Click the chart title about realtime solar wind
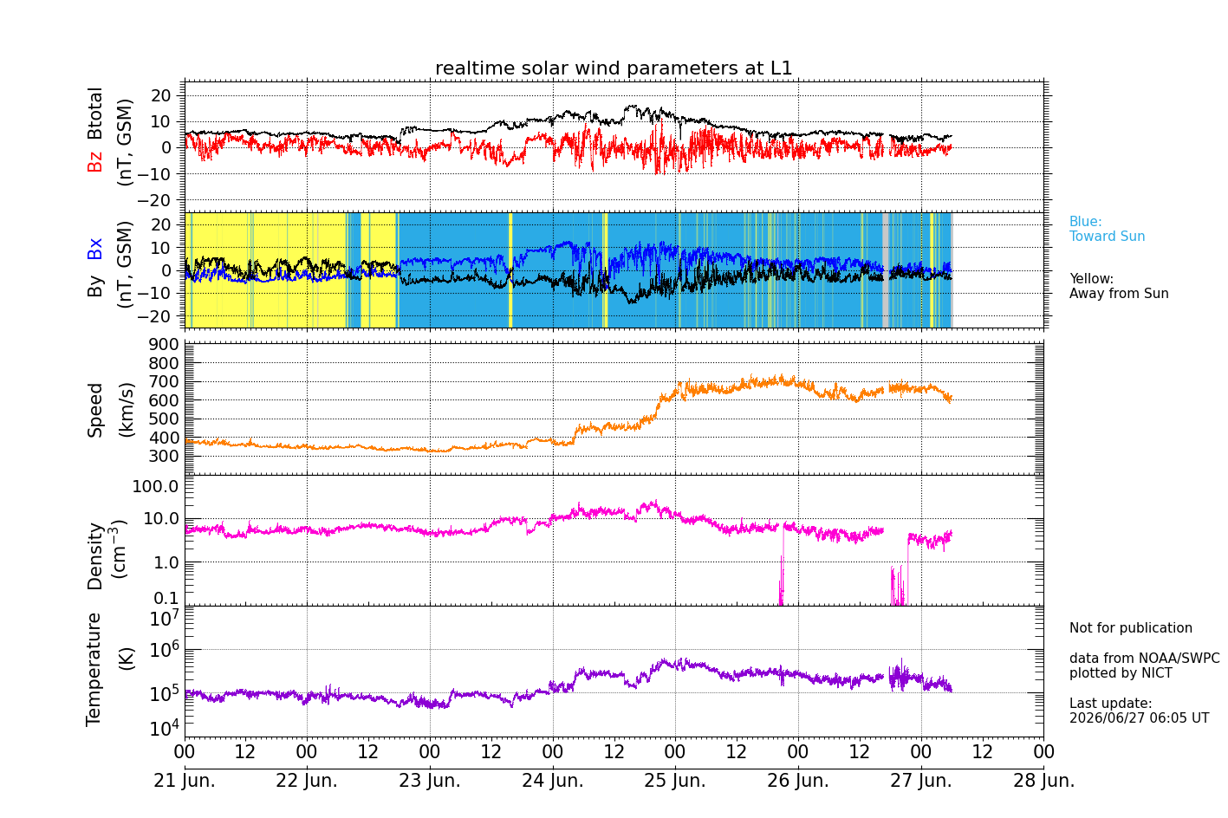(x=614, y=68)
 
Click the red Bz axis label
(x=94, y=159)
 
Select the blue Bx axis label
(x=94, y=249)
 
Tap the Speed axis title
(x=94, y=410)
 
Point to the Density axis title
(x=94, y=556)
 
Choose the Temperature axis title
(x=94, y=670)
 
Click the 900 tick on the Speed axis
(x=164, y=344)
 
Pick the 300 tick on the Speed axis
(x=164, y=456)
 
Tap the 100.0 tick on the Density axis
(x=155, y=486)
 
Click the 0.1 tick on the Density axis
(x=166, y=598)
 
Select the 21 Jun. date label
(x=185, y=780)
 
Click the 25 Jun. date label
(x=675, y=780)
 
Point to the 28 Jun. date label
(x=1043, y=780)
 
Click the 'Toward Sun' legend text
(x=1107, y=237)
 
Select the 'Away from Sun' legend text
(x=1119, y=293)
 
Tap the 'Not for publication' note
(x=1130, y=627)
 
